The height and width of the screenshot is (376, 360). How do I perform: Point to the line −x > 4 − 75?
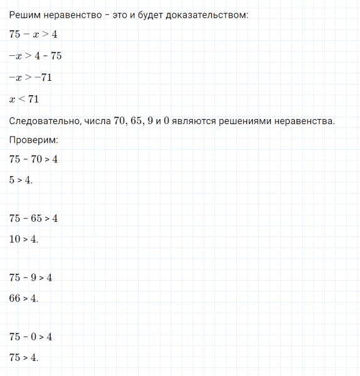click(x=36, y=56)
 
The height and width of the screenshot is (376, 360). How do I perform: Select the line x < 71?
click(x=24, y=99)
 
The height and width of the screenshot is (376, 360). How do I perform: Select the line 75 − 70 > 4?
click(x=34, y=159)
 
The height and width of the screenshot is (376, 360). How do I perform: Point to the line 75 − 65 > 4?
click(x=34, y=219)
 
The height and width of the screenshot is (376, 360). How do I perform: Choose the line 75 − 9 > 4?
click(x=31, y=278)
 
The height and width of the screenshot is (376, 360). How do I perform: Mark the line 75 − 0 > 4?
click(x=31, y=337)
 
